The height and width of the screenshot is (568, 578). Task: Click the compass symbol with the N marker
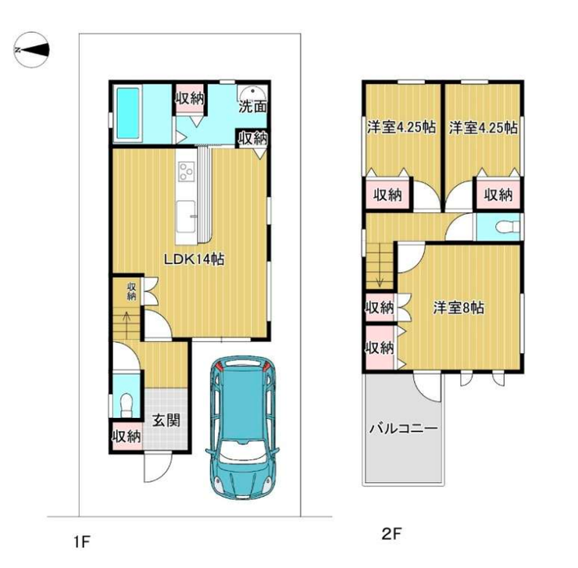pos(32,49)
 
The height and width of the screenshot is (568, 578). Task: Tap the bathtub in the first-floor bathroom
pos(127,113)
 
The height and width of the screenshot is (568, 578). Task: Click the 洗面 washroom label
pos(252,107)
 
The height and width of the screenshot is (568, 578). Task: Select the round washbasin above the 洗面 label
pos(252,92)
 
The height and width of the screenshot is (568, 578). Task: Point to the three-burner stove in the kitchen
pos(186,172)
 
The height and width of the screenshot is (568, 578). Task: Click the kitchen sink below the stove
pos(186,216)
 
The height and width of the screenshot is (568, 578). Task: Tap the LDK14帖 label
pos(194,259)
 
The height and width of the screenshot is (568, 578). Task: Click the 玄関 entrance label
pos(166,420)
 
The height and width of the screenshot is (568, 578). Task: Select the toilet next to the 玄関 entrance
pos(127,404)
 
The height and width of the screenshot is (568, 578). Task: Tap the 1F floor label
pos(82,542)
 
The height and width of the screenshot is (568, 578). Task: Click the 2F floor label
pos(391,534)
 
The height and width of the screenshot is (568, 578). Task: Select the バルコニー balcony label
pos(404,429)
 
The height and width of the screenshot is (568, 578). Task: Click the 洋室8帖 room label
pos(458,308)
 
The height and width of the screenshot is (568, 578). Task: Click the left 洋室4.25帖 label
pos(401,127)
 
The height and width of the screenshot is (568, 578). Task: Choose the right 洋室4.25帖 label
pos(483,128)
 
